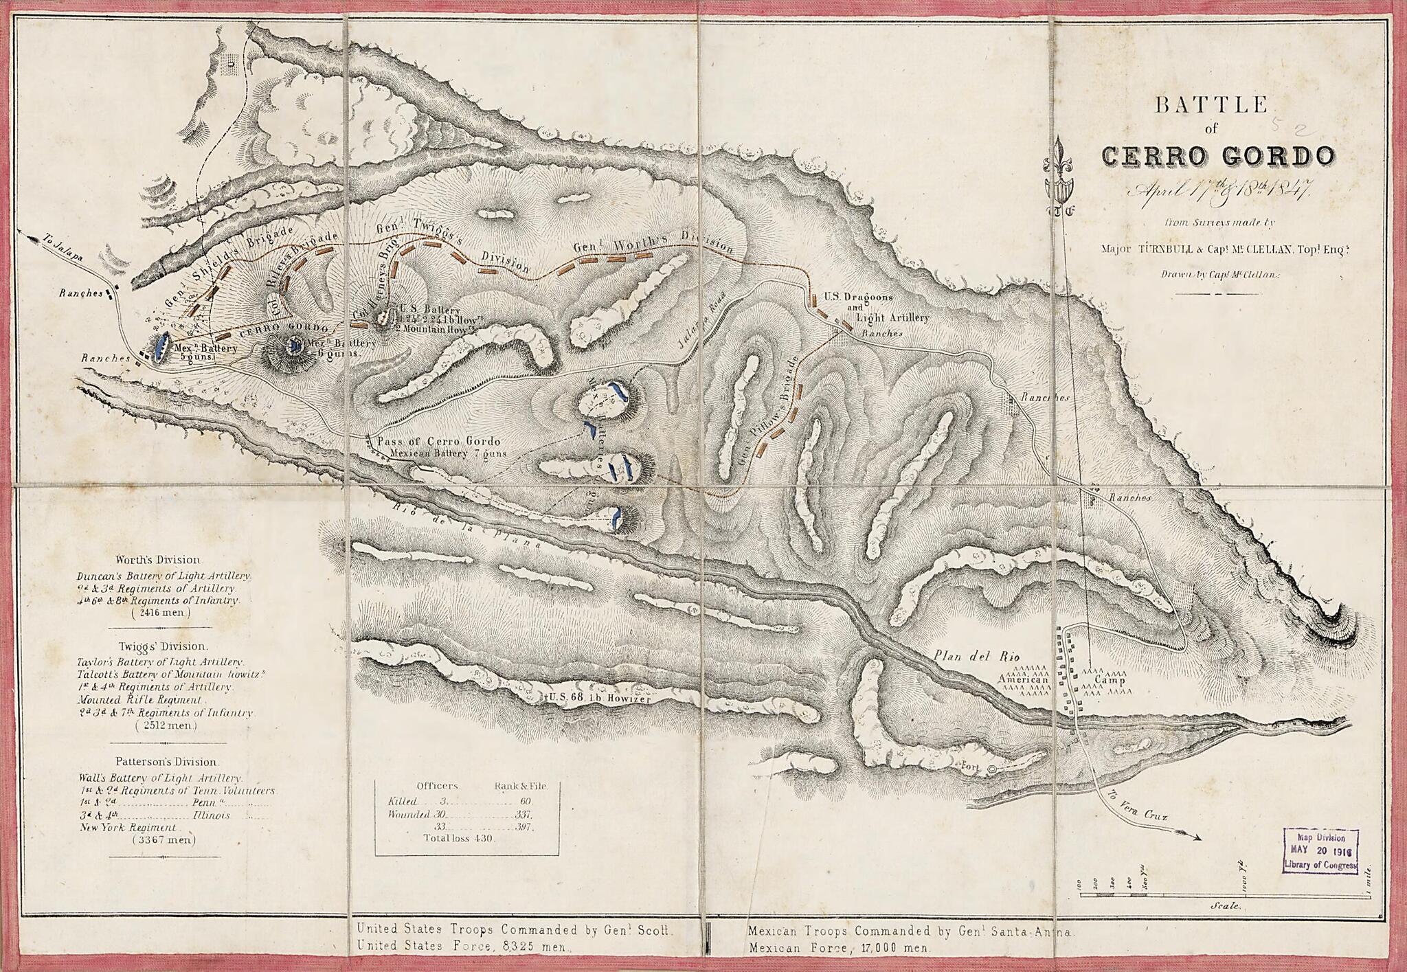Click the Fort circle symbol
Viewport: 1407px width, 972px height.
pyautogui.click(x=991, y=769)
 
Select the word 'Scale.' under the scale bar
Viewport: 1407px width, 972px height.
pyautogui.click(x=1225, y=906)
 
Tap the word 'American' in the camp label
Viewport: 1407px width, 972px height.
pyautogui.click(x=1024, y=680)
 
